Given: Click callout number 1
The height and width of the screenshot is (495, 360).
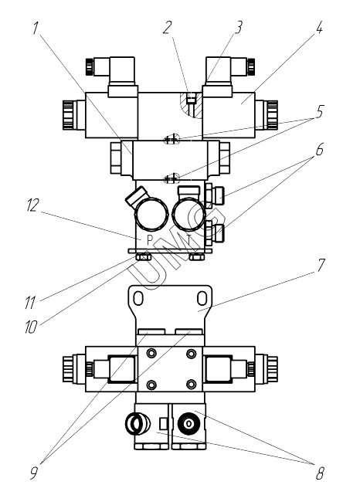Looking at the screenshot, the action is tap(36, 28).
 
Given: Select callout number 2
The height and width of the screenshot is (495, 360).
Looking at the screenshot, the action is tap(168, 28).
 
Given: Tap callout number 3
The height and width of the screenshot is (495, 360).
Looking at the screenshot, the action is tap(239, 27).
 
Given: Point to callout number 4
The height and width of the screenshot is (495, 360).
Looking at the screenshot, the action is tap(319, 28).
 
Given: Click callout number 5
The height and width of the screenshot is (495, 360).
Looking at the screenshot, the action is tap(320, 111).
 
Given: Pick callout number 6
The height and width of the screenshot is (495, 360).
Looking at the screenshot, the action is tap(320, 149).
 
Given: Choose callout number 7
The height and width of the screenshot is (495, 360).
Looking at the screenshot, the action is tap(321, 265).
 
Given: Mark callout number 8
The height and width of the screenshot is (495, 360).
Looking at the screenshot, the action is tap(320, 473).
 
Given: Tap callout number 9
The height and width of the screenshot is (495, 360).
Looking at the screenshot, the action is tap(34, 473).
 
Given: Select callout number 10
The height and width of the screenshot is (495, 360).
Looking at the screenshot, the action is tap(31, 327).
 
